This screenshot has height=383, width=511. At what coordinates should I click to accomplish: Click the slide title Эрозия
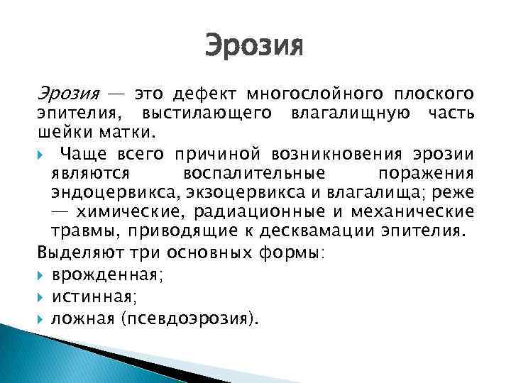tap(254, 48)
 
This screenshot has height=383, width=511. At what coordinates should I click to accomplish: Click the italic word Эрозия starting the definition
tap(67, 94)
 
